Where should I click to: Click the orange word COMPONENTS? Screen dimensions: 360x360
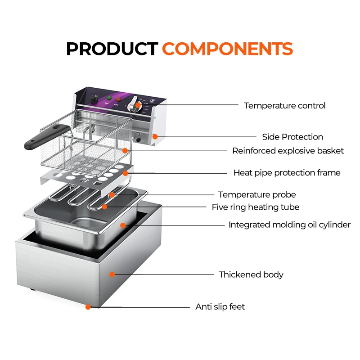[227, 49]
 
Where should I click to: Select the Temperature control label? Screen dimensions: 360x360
[284, 106]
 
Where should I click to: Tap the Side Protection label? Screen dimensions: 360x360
[292, 137]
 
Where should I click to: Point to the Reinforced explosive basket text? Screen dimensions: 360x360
[288, 151]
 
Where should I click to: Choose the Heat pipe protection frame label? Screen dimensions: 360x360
[287, 173]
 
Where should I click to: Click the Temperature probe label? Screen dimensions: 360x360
[257, 195]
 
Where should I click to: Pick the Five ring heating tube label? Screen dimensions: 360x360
[255, 207]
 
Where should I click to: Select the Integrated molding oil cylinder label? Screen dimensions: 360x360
[289, 225]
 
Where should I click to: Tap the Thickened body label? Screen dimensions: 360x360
[251, 274]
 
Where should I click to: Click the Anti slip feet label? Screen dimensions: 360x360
[220, 307]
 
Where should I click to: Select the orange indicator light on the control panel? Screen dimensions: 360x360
[119, 99]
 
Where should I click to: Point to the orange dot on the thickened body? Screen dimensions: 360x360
[112, 274]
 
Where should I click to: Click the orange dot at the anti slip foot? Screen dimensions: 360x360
[88, 307]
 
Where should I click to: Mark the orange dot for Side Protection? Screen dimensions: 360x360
[155, 136]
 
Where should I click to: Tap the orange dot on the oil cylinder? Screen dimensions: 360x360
[122, 225]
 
